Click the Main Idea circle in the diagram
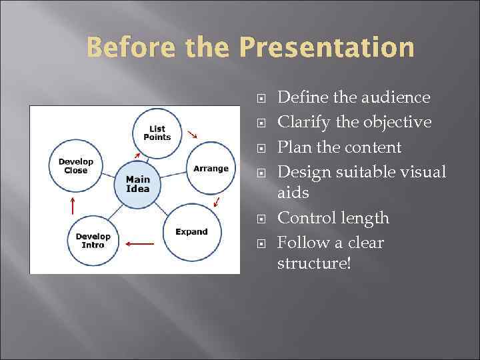(x=138, y=184)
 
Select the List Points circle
(x=157, y=133)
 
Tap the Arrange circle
(x=211, y=169)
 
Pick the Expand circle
(x=191, y=232)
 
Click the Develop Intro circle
(x=93, y=241)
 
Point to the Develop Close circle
(x=76, y=166)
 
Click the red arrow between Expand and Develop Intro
(x=139, y=244)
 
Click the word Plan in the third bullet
(x=293, y=147)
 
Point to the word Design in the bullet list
(x=303, y=172)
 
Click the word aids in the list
(x=293, y=193)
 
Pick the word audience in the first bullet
(x=396, y=98)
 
